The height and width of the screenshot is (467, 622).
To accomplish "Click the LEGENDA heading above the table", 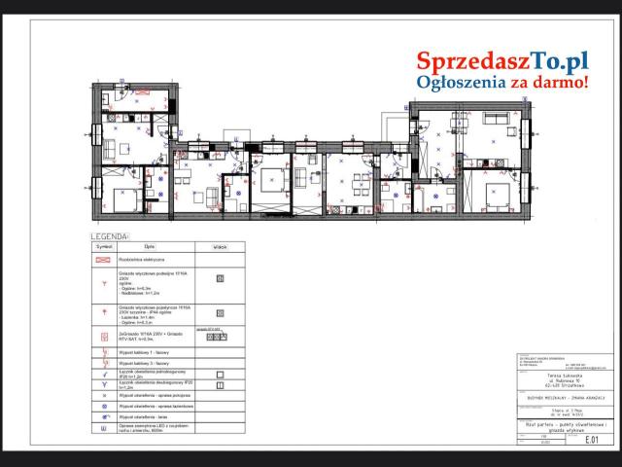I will [x=110, y=236].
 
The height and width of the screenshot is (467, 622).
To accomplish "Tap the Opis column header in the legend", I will [x=151, y=247].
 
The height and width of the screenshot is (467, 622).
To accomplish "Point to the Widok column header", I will [x=219, y=247].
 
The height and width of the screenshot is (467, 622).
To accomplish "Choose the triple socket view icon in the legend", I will [x=220, y=338].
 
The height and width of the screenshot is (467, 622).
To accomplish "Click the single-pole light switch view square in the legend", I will [x=220, y=374].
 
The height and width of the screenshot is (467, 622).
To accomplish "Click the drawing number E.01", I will [x=589, y=439].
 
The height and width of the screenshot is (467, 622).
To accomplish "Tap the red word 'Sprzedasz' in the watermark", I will [x=465, y=61].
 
